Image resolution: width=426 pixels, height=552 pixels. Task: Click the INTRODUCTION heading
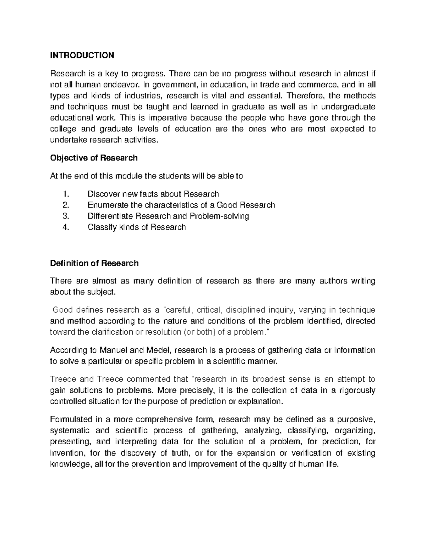pos(82,55)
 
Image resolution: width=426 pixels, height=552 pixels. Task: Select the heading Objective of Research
pos(94,158)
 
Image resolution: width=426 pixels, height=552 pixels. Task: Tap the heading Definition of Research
pos(94,263)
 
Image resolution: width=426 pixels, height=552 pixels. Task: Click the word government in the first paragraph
pos(175,85)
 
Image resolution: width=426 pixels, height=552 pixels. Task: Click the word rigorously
pos(357,391)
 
